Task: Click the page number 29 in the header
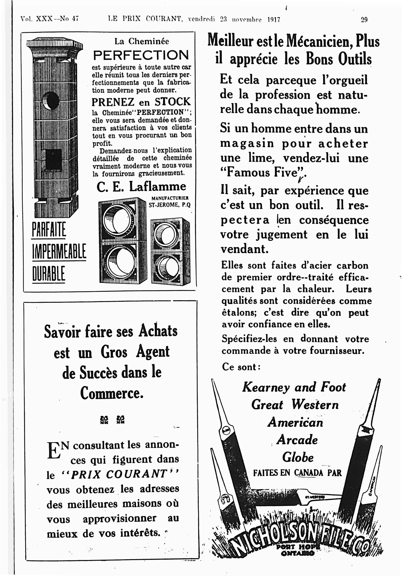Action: [364, 19]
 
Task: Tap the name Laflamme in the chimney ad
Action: [158, 187]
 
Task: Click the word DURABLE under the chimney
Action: [49, 274]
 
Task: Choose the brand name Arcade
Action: [297, 440]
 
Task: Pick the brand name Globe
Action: [298, 457]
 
